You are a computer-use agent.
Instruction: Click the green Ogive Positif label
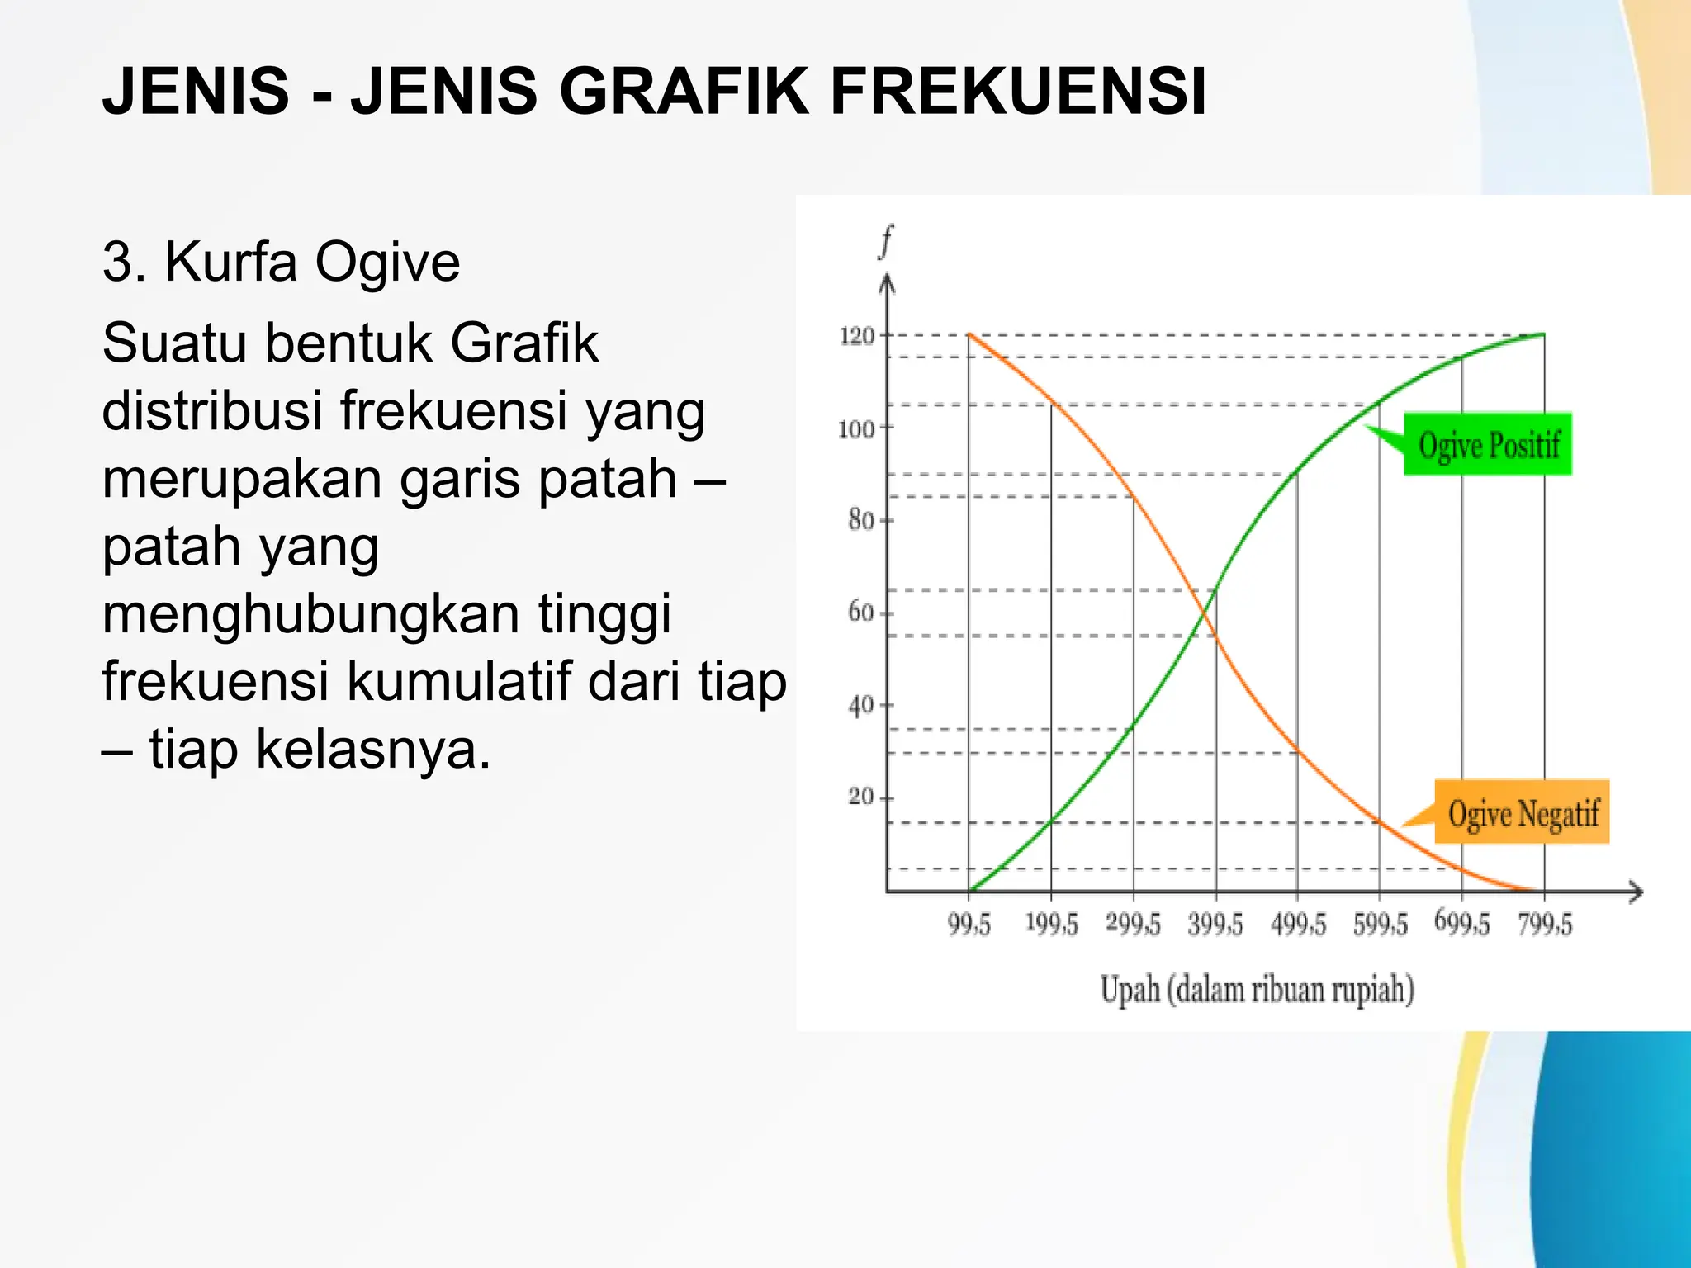point(1488,444)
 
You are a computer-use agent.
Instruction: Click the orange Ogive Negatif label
point(1523,812)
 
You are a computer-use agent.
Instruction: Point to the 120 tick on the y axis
point(856,336)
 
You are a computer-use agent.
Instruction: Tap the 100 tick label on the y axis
point(855,429)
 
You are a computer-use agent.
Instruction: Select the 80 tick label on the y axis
point(860,520)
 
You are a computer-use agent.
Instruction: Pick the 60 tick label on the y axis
point(860,612)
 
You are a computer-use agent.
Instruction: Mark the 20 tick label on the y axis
point(860,797)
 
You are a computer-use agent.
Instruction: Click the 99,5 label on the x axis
point(969,925)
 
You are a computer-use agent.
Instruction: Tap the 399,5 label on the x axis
point(1215,925)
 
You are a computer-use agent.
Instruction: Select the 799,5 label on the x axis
point(1545,925)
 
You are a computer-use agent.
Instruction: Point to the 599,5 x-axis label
point(1380,925)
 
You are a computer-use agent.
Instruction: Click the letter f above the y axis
point(887,242)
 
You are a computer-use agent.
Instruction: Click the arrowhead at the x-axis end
point(1636,892)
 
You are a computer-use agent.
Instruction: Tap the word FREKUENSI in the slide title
point(1018,91)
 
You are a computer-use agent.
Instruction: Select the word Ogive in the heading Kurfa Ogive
point(387,263)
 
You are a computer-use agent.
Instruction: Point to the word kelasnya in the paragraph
point(373,750)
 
